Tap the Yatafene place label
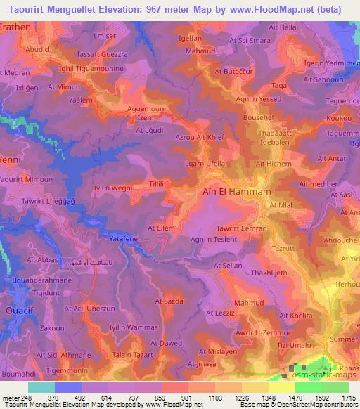122,239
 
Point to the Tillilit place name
157,183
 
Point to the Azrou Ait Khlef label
201,138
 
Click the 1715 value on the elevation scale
345,398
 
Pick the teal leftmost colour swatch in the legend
41,387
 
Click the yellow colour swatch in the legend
281,387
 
